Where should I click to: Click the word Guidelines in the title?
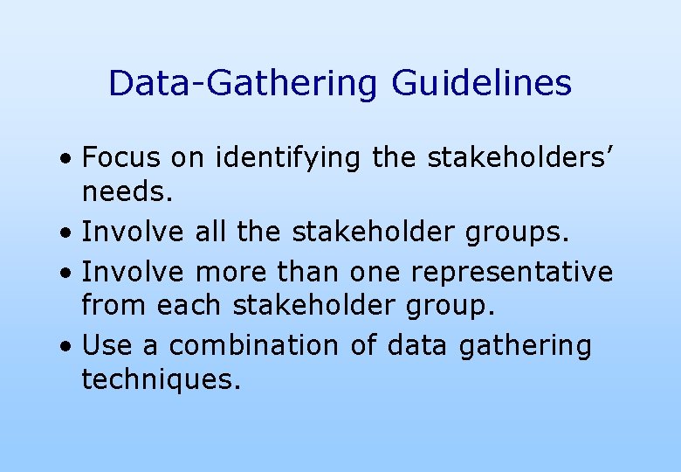[x=482, y=84]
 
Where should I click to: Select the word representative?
[x=512, y=273]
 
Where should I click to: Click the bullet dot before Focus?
[x=66, y=162]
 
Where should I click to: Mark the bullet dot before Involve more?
[x=66, y=274]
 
